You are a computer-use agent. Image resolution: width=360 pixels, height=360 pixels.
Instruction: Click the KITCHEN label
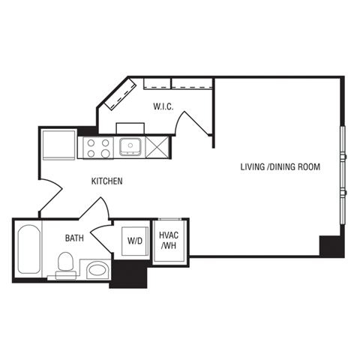[x=107, y=181]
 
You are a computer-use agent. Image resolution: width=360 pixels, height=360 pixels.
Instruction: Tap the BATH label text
[x=74, y=238]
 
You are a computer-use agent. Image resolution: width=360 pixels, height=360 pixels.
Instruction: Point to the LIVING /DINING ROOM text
[x=280, y=166]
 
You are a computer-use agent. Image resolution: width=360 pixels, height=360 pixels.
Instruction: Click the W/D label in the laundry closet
[x=136, y=241]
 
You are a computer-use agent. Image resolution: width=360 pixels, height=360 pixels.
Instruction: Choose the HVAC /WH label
[x=168, y=240]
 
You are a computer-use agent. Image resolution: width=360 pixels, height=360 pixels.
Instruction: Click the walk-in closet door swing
[x=193, y=120]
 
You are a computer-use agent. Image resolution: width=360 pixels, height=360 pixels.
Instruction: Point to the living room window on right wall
[x=343, y=172]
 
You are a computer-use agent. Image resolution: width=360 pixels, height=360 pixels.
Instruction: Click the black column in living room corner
[x=331, y=246]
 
